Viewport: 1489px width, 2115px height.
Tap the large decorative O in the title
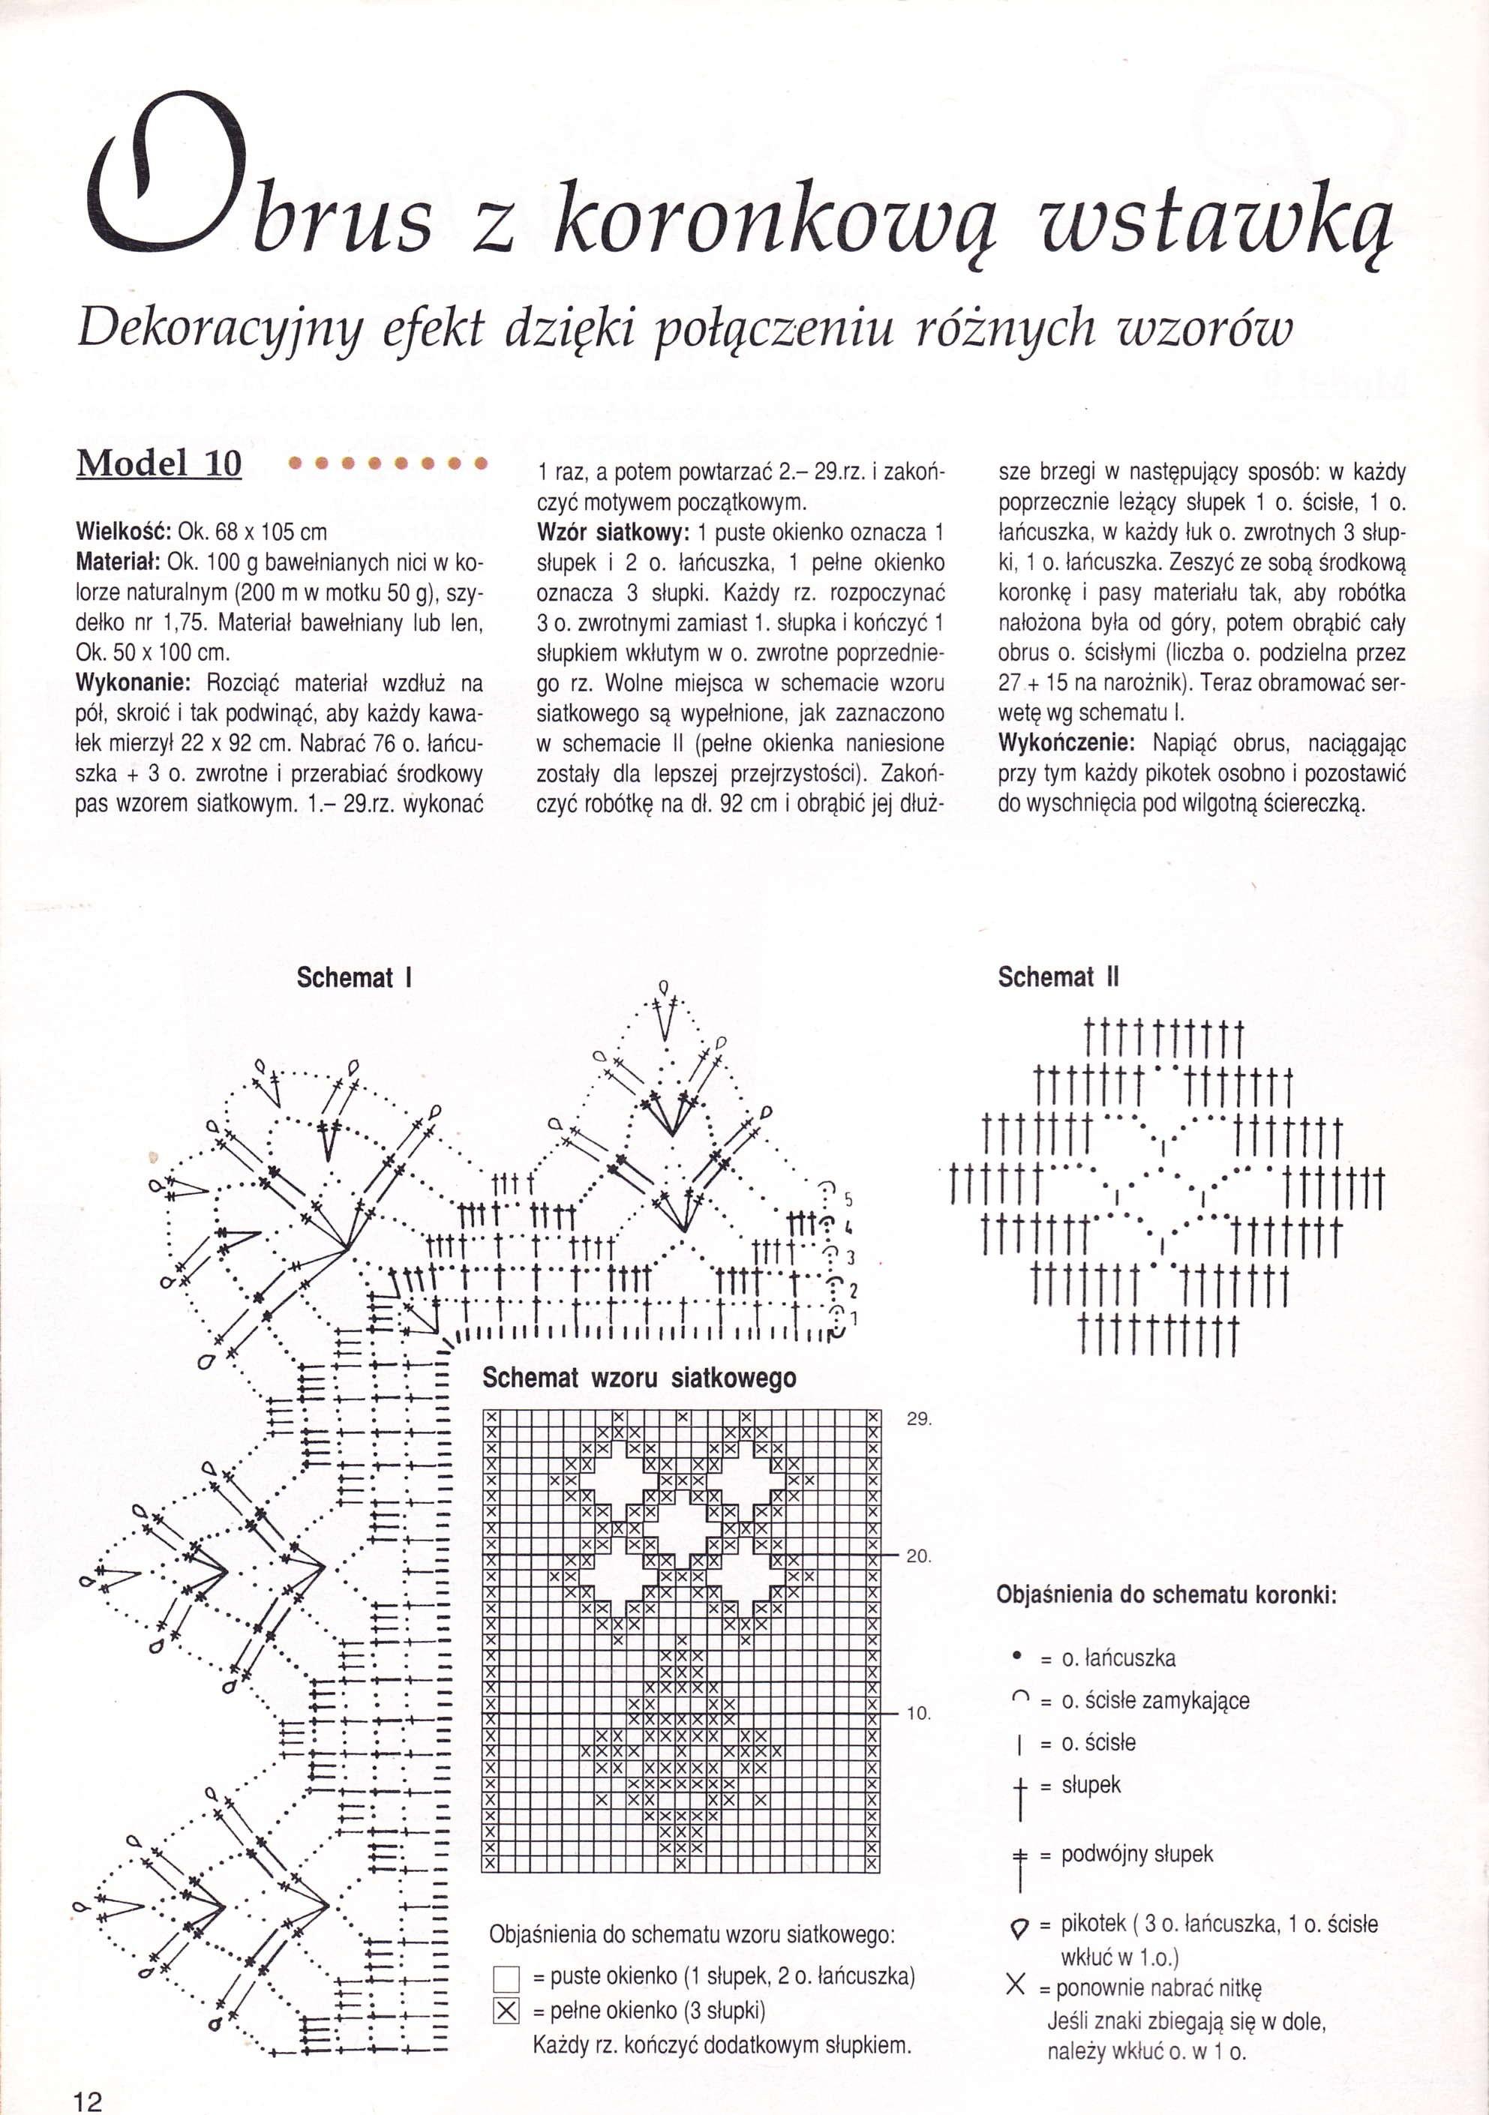[x=166, y=175]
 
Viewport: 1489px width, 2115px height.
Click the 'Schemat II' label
[x=1058, y=976]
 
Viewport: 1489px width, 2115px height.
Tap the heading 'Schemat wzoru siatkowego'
[x=638, y=1378]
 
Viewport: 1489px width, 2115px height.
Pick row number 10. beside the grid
[x=919, y=1713]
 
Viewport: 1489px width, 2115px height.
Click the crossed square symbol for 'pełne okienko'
[x=506, y=2011]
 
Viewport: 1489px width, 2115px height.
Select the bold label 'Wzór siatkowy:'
[x=613, y=532]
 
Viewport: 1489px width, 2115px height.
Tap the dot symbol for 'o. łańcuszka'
[x=1017, y=1657]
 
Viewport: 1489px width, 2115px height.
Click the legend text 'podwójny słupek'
[x=1137, y=1854]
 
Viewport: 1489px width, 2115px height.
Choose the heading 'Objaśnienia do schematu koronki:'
[x=1166, y=1595]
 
